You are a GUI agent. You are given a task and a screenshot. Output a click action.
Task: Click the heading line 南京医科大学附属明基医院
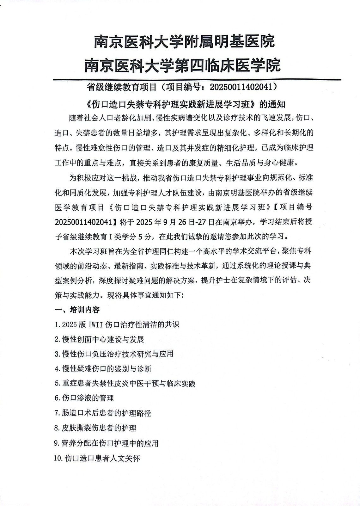(x=184, y=41)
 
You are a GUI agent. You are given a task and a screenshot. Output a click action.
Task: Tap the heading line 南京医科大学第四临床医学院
(x=182, y=65)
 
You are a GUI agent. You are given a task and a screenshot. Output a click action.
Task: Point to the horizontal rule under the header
(x=197, y=79)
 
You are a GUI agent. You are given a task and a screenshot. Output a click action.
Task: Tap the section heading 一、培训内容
(x=77, y=310)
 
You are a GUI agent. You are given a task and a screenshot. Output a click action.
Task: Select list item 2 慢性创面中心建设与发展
(x=99, y=339)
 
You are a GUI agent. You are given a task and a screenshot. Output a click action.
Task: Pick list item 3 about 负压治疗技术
(x=114, y=354)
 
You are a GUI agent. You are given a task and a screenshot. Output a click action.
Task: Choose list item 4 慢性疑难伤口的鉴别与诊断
(x=103, y=369)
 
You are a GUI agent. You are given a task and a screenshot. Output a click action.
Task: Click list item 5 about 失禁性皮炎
(x=125, y=384)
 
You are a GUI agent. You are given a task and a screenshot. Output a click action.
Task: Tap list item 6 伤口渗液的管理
(x=84, y=398)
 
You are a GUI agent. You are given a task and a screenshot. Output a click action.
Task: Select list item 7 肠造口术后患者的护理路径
(x=103, y=413)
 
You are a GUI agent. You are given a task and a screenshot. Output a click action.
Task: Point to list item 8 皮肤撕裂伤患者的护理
(x=95, y=428)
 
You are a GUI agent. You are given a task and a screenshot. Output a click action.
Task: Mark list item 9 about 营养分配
(x=106, y=443)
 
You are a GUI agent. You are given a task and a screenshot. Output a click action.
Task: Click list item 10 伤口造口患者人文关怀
(x=97, y=458)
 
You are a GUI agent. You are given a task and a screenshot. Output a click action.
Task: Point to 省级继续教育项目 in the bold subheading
(x=122, y=87)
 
